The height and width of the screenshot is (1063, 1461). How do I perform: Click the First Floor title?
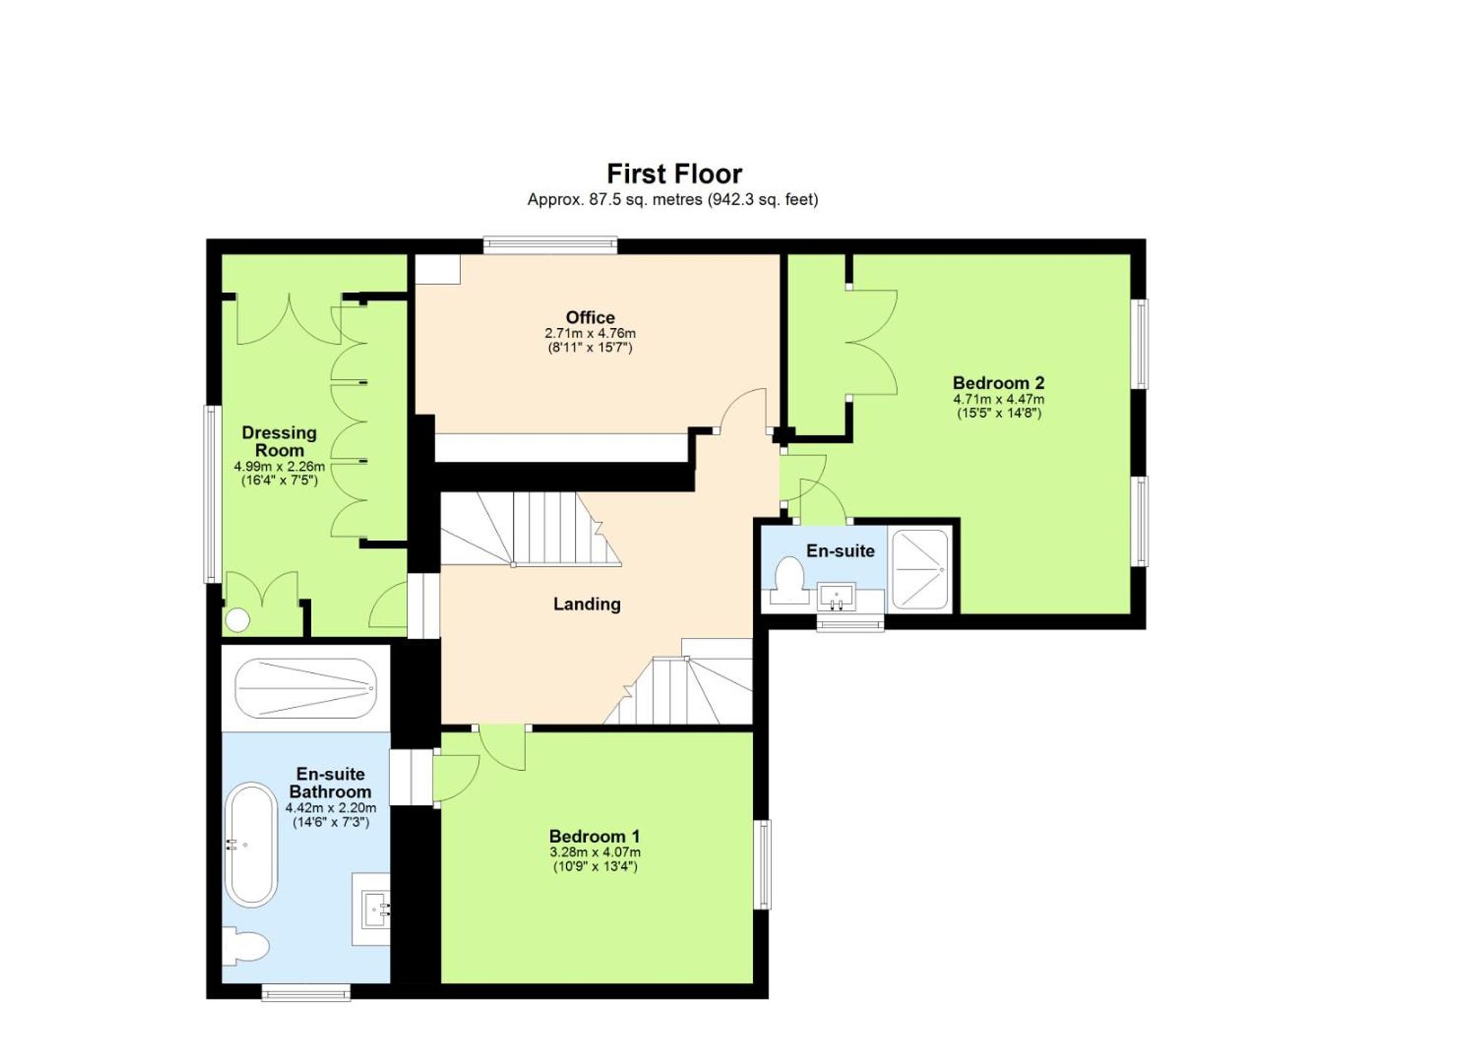click(x=674, y=174)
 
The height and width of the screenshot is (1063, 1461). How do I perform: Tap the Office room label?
click(x=590, y=317)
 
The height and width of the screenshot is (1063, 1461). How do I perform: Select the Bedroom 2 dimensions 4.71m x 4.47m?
click(x=998, y=400)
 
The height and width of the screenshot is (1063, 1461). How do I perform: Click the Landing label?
click(x=587, y=604)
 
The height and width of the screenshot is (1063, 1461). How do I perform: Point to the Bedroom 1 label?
click(x=595, y=836)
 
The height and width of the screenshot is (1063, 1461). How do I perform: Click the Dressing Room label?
click(x=279, y=441)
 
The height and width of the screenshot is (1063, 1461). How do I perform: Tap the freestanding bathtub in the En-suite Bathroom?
click(x=251, y=845)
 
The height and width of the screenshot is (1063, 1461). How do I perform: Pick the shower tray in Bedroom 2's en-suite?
click(x=920, y=569)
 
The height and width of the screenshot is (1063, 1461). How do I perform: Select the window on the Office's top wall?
click(x=550, y=245)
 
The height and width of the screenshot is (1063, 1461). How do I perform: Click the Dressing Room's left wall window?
click(x=212, y=494)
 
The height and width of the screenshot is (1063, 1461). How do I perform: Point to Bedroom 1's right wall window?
click(x=762, y=864)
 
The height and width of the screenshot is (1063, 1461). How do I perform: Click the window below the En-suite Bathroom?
click(x=306, y=992)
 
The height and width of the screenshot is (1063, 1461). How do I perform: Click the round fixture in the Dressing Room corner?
click(x=238, y=620)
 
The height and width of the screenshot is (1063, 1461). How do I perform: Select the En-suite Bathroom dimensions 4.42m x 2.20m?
click(x=330, y=808)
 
